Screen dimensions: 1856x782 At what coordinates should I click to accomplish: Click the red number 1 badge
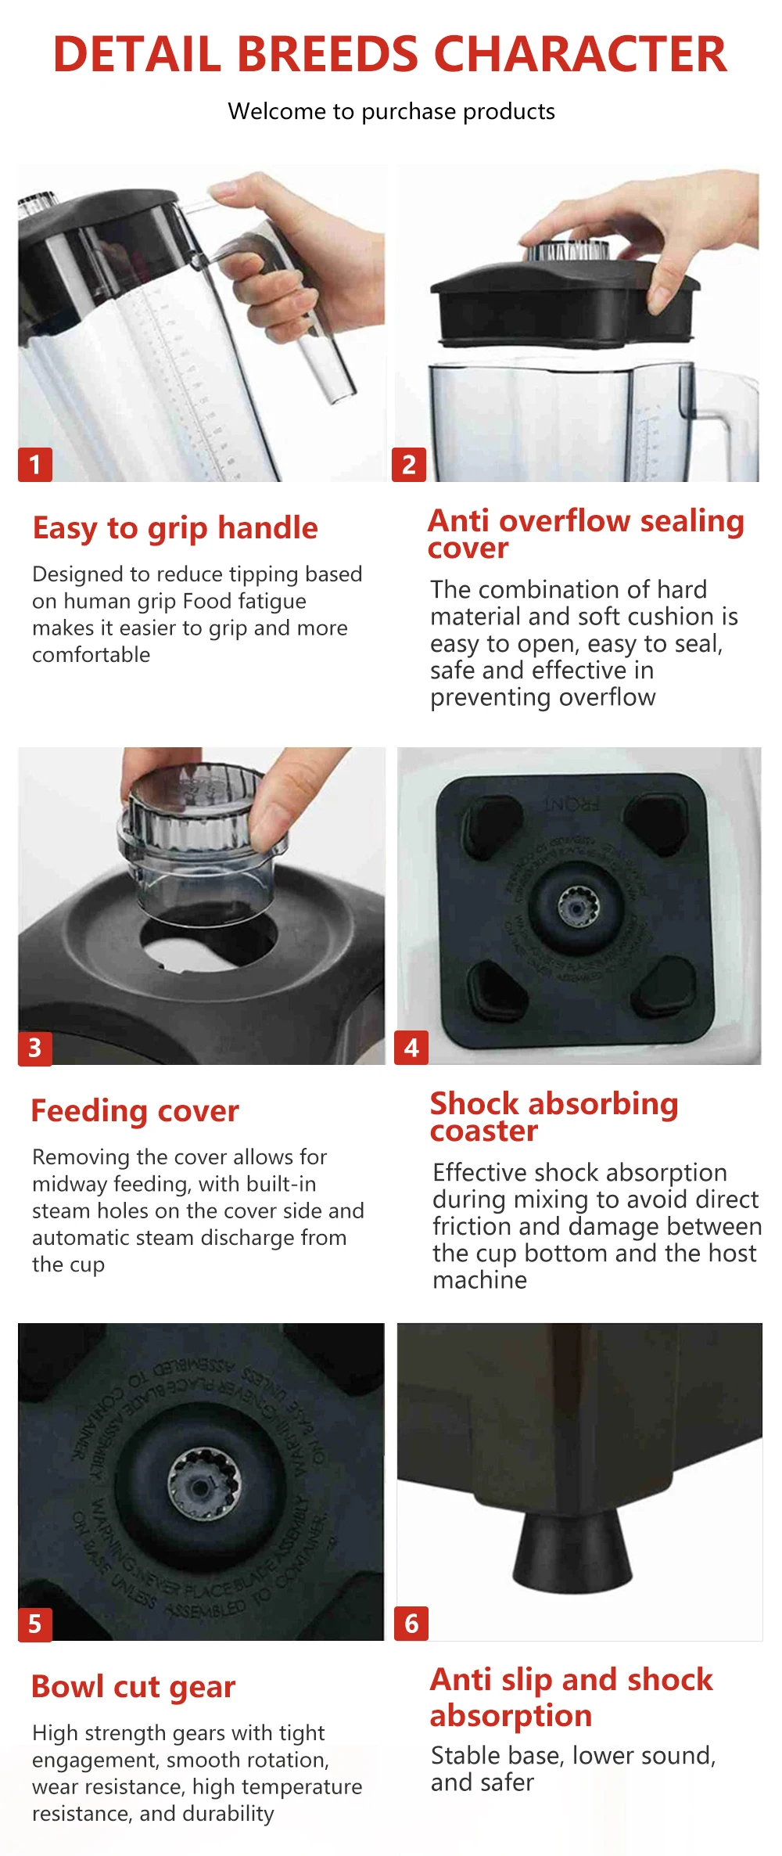(35, 465)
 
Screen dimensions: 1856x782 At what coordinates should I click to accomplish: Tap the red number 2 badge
(409, 465)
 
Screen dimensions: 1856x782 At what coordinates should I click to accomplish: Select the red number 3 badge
(35, 1048)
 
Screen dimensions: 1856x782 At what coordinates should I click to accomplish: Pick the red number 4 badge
(412, 1048)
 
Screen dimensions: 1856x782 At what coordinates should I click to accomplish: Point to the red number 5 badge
(35, 1624)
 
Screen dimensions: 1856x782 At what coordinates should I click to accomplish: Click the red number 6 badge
(412, 1624)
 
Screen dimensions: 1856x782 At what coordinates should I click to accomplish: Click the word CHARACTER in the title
(580, 55)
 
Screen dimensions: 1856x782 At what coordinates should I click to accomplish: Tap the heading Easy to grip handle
(175, 528)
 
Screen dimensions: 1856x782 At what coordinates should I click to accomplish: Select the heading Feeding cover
(135, 1111)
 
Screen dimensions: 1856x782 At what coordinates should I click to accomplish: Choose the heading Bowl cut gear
(133, 1687)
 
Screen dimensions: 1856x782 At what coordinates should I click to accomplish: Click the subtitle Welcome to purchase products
(391, 112)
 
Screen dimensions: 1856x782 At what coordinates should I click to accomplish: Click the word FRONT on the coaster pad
(571, 804)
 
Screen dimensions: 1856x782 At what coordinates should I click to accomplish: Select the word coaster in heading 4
(484, 1131)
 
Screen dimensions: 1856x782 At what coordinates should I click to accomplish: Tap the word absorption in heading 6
(511, 1716)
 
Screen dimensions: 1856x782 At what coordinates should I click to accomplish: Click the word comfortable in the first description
(91, 655)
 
